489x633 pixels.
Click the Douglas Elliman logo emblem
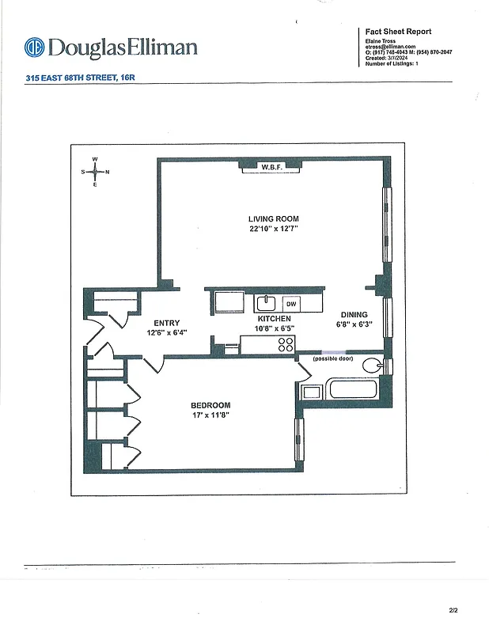pos(34,47)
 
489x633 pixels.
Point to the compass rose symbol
pos(95,171)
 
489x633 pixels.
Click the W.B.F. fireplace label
pos(271,167)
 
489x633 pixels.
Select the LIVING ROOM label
pos(273,219)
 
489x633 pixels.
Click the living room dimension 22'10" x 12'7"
pos(273,229)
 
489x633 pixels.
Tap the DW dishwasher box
pos(291,304)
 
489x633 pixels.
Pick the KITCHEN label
pos(274,318)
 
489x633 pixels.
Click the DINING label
pos(354,314)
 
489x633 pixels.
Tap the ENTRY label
pos(167,323)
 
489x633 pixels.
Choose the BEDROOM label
pos(210,405)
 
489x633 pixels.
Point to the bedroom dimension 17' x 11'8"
pos(210,415)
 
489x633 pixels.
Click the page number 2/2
pos(453,610)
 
